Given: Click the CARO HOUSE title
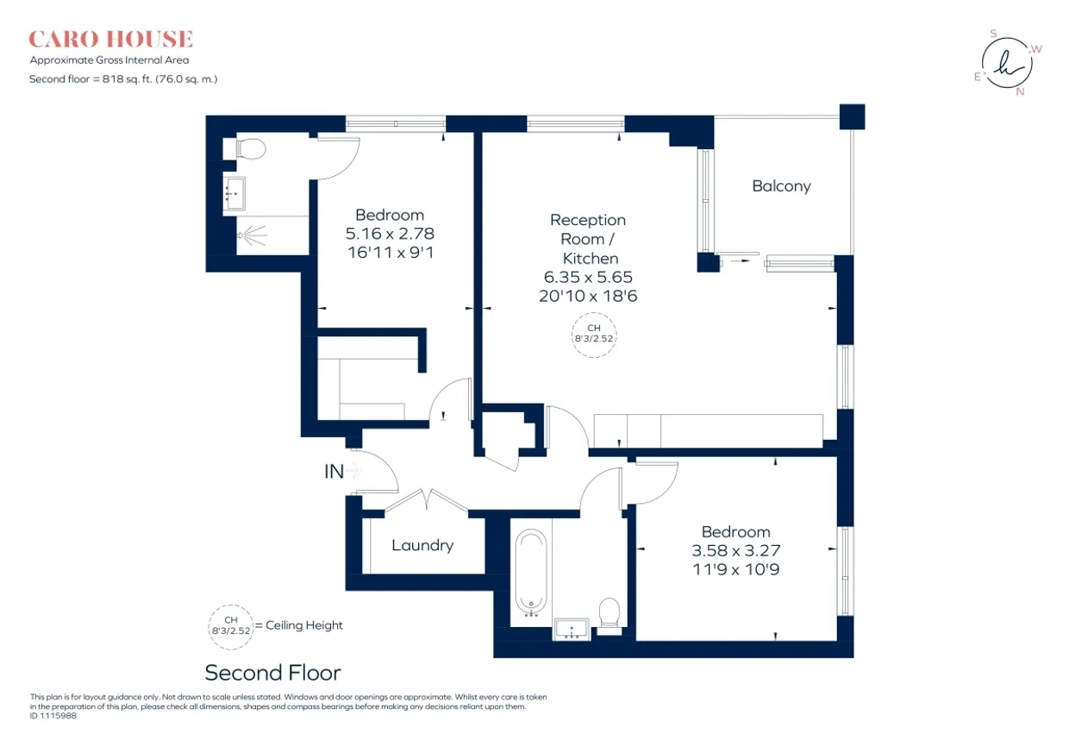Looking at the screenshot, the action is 110,39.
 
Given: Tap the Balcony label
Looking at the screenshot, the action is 781,185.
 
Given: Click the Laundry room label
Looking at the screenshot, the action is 422,545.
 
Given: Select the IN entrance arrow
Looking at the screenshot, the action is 353,471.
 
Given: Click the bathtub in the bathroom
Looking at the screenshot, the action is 531,574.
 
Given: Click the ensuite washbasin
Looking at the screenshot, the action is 234,193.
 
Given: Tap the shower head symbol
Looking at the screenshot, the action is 252,235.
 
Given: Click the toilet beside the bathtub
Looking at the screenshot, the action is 610,615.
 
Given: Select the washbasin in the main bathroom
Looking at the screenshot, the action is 572,629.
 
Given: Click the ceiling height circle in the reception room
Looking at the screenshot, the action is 594,335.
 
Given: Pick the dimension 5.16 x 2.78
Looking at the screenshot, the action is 390,234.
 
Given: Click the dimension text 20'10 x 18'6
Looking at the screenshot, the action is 588,296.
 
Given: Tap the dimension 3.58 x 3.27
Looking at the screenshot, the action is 736,550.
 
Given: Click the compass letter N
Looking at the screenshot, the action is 1021,91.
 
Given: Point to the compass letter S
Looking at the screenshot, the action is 994,34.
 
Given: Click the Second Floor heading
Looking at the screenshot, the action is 273,673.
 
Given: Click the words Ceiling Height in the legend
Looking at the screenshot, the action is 304,625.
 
